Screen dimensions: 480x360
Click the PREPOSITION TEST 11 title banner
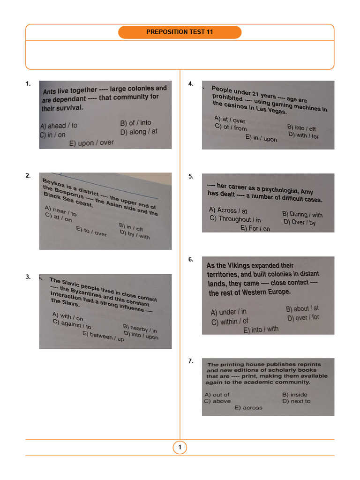180,32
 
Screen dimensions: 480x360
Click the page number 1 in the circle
180,448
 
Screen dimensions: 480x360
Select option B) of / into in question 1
135,123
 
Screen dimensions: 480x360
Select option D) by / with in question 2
135,234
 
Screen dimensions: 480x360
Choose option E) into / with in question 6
261,330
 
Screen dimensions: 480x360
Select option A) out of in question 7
217,395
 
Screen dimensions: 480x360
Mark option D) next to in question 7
296,401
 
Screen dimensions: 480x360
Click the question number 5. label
191,177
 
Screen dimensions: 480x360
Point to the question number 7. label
191,361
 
